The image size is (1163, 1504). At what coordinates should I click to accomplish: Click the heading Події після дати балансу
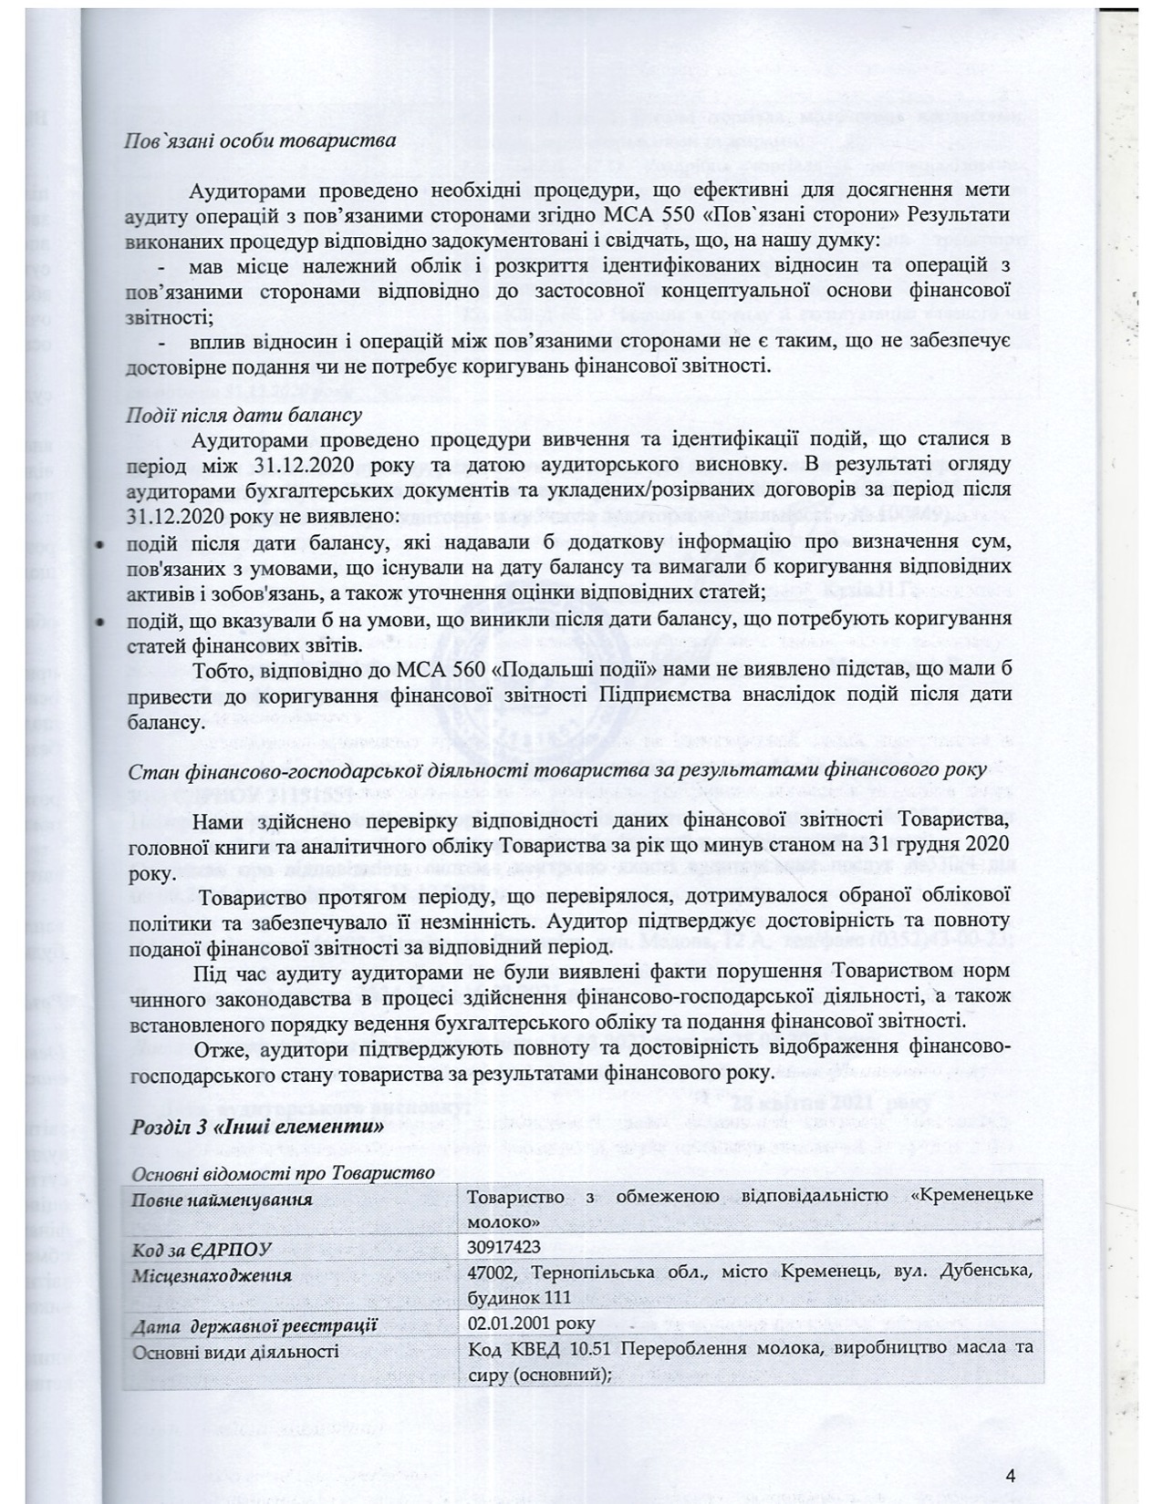click(x=244, y=413)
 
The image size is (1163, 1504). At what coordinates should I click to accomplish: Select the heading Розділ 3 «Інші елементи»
click(x=255, y=1127)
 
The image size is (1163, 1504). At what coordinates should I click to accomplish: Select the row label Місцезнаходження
click(x=212, y=1274)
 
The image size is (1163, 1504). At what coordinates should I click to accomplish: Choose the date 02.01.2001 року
click(x=531, y=1323)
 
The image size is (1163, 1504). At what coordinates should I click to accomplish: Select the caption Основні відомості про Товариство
click(x=283, y=1172)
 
